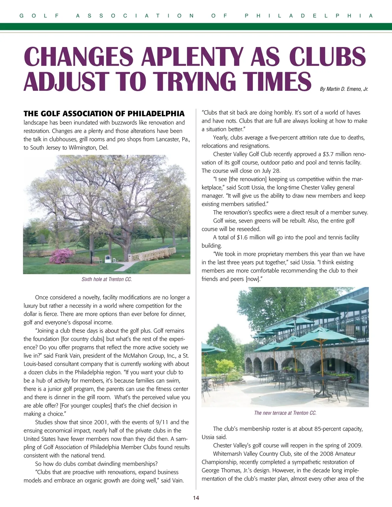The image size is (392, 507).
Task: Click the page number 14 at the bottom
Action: [196, 498]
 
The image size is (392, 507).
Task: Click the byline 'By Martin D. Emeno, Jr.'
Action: [344, 89]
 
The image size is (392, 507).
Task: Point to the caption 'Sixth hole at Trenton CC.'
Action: [107, 279]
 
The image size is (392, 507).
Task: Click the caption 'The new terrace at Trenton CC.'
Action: [285, 413]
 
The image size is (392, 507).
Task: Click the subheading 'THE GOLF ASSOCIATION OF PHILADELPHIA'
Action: [104, 114]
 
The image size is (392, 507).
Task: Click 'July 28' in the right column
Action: [269, 171]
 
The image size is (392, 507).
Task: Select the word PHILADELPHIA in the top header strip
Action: [309, 16]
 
